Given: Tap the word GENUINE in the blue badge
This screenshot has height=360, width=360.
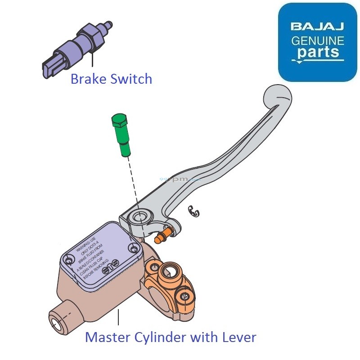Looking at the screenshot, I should tap(318, 41).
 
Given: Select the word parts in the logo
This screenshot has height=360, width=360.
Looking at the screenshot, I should tap(318, 53).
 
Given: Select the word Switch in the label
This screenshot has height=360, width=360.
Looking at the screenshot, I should tap(131, 80).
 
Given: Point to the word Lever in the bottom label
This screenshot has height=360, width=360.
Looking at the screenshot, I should tap(238, 337).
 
